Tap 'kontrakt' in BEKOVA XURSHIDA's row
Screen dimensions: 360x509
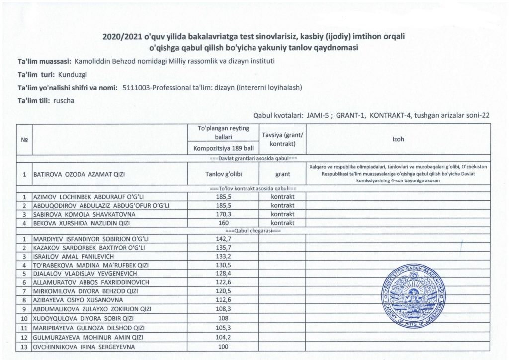point(282,223)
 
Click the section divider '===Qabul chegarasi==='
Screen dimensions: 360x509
point(254,231)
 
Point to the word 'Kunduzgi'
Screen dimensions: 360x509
point(73,74)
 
